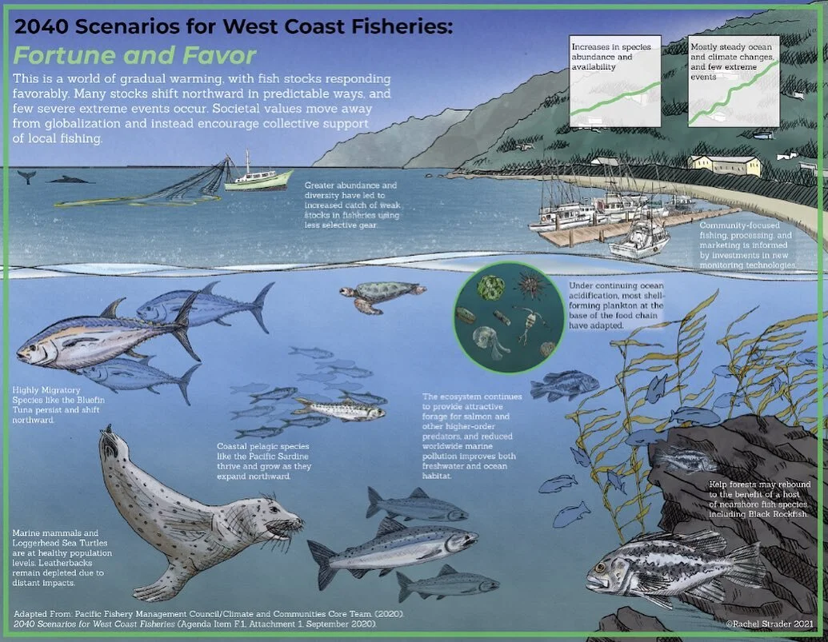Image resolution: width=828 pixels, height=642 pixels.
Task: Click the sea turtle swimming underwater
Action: (x=372, y=294)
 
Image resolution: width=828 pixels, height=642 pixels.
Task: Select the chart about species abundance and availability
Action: (x=616, y=81)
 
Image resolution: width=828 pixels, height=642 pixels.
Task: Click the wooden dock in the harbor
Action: (x=632, y=226)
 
